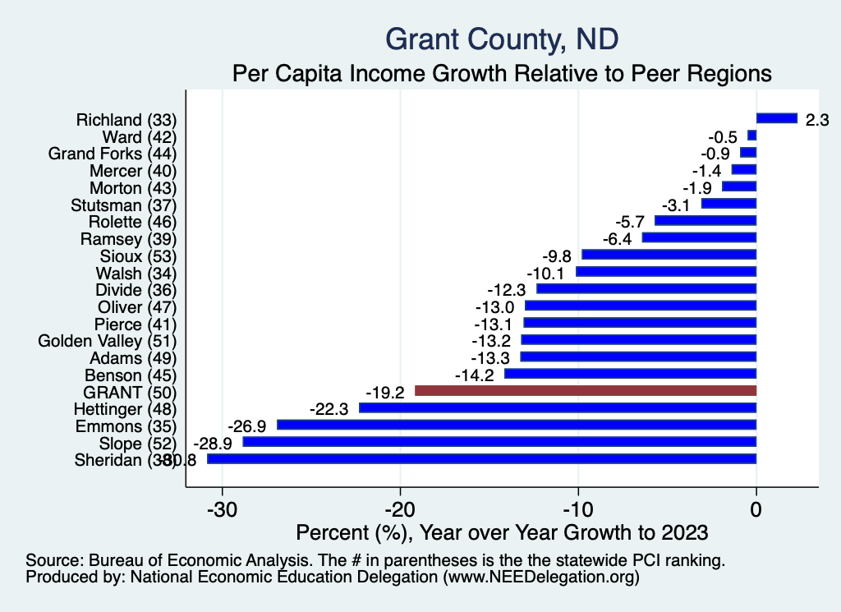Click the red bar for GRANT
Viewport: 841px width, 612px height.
click(585, 391)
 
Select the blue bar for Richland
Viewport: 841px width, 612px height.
click(776, 118)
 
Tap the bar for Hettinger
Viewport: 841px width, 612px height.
click(558, 408)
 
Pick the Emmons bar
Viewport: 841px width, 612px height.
click(517, 425)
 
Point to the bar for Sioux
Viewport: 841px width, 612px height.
click(669, 255)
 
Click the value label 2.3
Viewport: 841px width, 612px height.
click(817, 119)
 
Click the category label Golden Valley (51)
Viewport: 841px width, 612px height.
click(108, 340)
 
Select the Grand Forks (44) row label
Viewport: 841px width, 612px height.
click(113, 153)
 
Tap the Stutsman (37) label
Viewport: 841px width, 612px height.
click(124, 204)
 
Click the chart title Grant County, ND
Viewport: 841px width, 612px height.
click(502, 39)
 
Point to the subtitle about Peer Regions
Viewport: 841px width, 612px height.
click(502, 73)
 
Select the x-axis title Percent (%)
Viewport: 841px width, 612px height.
click(501, 532)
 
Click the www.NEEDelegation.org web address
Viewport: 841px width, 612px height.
click(540, 577)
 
